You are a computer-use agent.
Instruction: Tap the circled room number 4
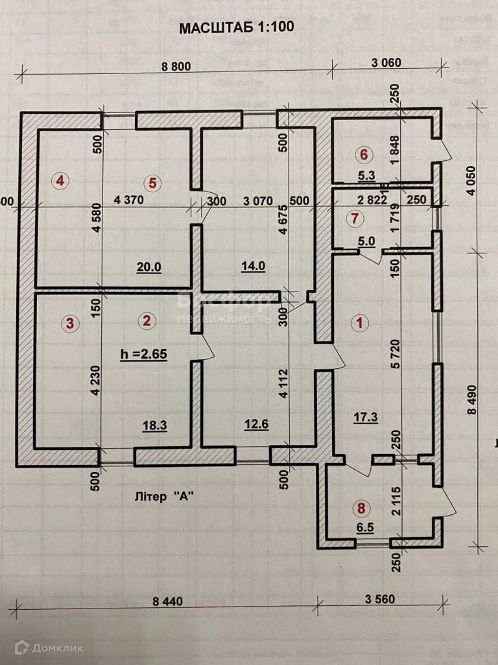coord(60,181)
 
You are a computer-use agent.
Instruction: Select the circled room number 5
coord(152,182)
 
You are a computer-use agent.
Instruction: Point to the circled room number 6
coord(364,155)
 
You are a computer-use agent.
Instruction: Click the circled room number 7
coord(353,219)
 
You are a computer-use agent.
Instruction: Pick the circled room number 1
coord(357,321)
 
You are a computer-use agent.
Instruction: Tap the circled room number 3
coord(70,321)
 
